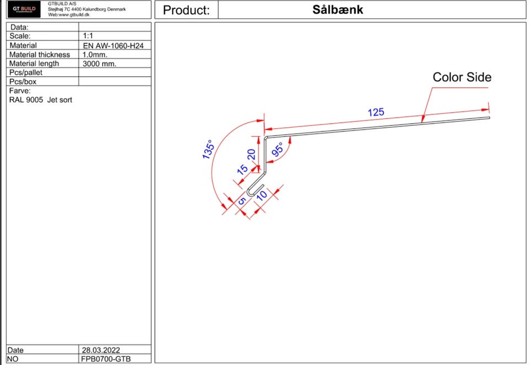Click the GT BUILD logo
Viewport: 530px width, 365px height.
24,9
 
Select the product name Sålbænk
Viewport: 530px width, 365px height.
338,9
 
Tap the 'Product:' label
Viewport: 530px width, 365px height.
186,10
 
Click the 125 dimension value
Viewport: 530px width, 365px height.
376,112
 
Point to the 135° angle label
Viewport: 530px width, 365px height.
208,150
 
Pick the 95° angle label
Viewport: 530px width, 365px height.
277,150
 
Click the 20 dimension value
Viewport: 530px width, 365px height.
251,155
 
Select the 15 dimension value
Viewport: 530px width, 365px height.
242,170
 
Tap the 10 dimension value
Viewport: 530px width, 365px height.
262,195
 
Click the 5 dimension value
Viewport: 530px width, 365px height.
242,201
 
